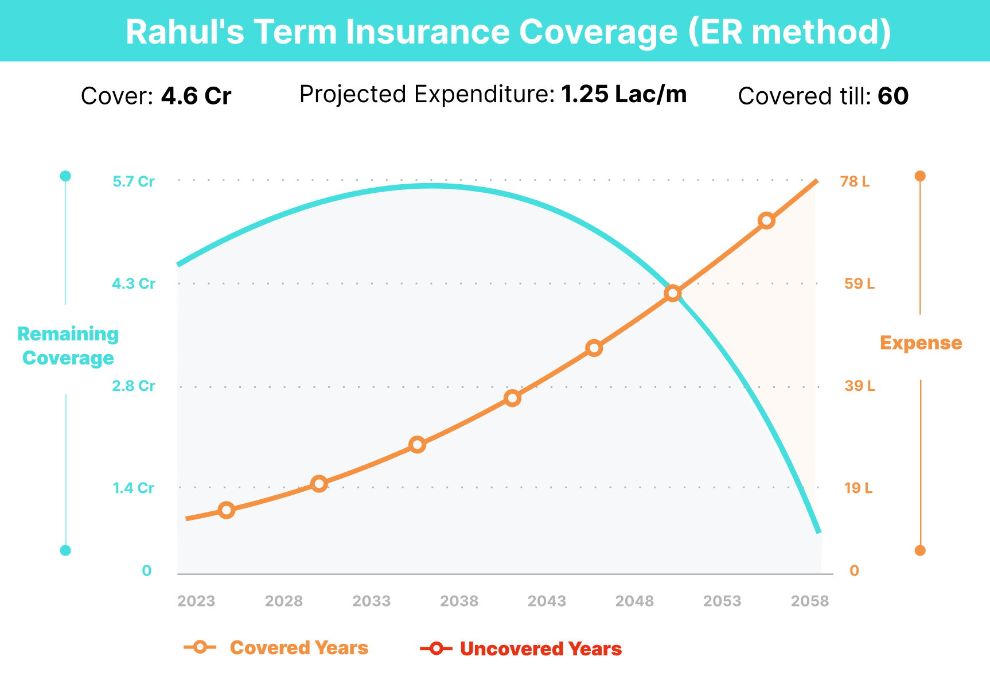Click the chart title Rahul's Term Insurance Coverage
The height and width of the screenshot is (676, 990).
(508, 32)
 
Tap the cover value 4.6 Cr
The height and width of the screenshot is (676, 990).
(196, 96)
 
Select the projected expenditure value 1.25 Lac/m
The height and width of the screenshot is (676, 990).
(623, 94)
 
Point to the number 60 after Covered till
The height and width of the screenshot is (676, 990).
(893, 96)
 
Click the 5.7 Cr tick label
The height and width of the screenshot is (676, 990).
(134, 182)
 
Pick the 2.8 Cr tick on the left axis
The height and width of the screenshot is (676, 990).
(134, 386)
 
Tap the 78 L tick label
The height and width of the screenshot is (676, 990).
(855, 182)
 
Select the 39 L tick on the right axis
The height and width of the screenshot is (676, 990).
(859, 386)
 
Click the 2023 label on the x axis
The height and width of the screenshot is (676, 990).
(196, 601)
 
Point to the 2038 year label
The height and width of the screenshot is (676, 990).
(459, 601)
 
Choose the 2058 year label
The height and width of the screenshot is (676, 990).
(810, 601)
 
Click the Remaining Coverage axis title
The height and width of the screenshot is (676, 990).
(68, 346)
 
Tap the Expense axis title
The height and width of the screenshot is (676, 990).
(921, 343)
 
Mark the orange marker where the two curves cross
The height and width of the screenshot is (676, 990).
(673, 293)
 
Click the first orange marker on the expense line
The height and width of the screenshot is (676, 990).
(227, 510)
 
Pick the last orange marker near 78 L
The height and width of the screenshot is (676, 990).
(766, 220)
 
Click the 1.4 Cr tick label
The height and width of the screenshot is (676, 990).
(134, 488)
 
